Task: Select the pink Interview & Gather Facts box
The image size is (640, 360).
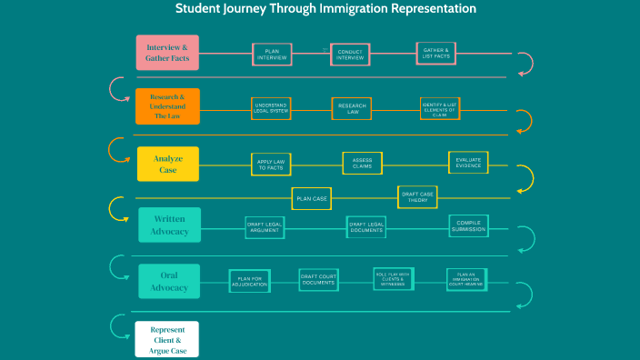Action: coord(167,53)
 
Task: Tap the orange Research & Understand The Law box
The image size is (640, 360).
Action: coord(167,106)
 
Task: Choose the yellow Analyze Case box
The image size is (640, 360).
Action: coord(167,164)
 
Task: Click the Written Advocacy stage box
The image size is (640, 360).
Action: coord(169,225)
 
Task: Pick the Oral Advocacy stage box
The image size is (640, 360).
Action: coord(169,281)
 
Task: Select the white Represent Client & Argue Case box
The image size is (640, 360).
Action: coord(166,338)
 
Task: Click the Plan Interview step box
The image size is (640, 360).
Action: coord(272,55)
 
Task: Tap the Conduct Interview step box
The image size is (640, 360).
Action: coord(350,55)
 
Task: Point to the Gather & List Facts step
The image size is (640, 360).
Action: coord(435,54)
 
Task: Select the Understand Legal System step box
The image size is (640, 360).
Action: coord(272,109)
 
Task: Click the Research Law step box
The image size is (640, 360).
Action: coord(352,109)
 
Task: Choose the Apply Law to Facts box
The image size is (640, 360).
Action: coord(271,165)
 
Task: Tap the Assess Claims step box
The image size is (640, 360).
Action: coord(362,164)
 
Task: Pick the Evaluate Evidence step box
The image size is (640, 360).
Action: coord(469,163)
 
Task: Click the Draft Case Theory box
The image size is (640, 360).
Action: coord(417,197)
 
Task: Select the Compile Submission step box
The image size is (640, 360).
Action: coord(468,226)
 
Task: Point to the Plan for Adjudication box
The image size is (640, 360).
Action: coord(250,281)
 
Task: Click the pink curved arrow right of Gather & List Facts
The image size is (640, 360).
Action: coord(525,64)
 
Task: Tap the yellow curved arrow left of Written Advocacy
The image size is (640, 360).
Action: coord(116,209)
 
